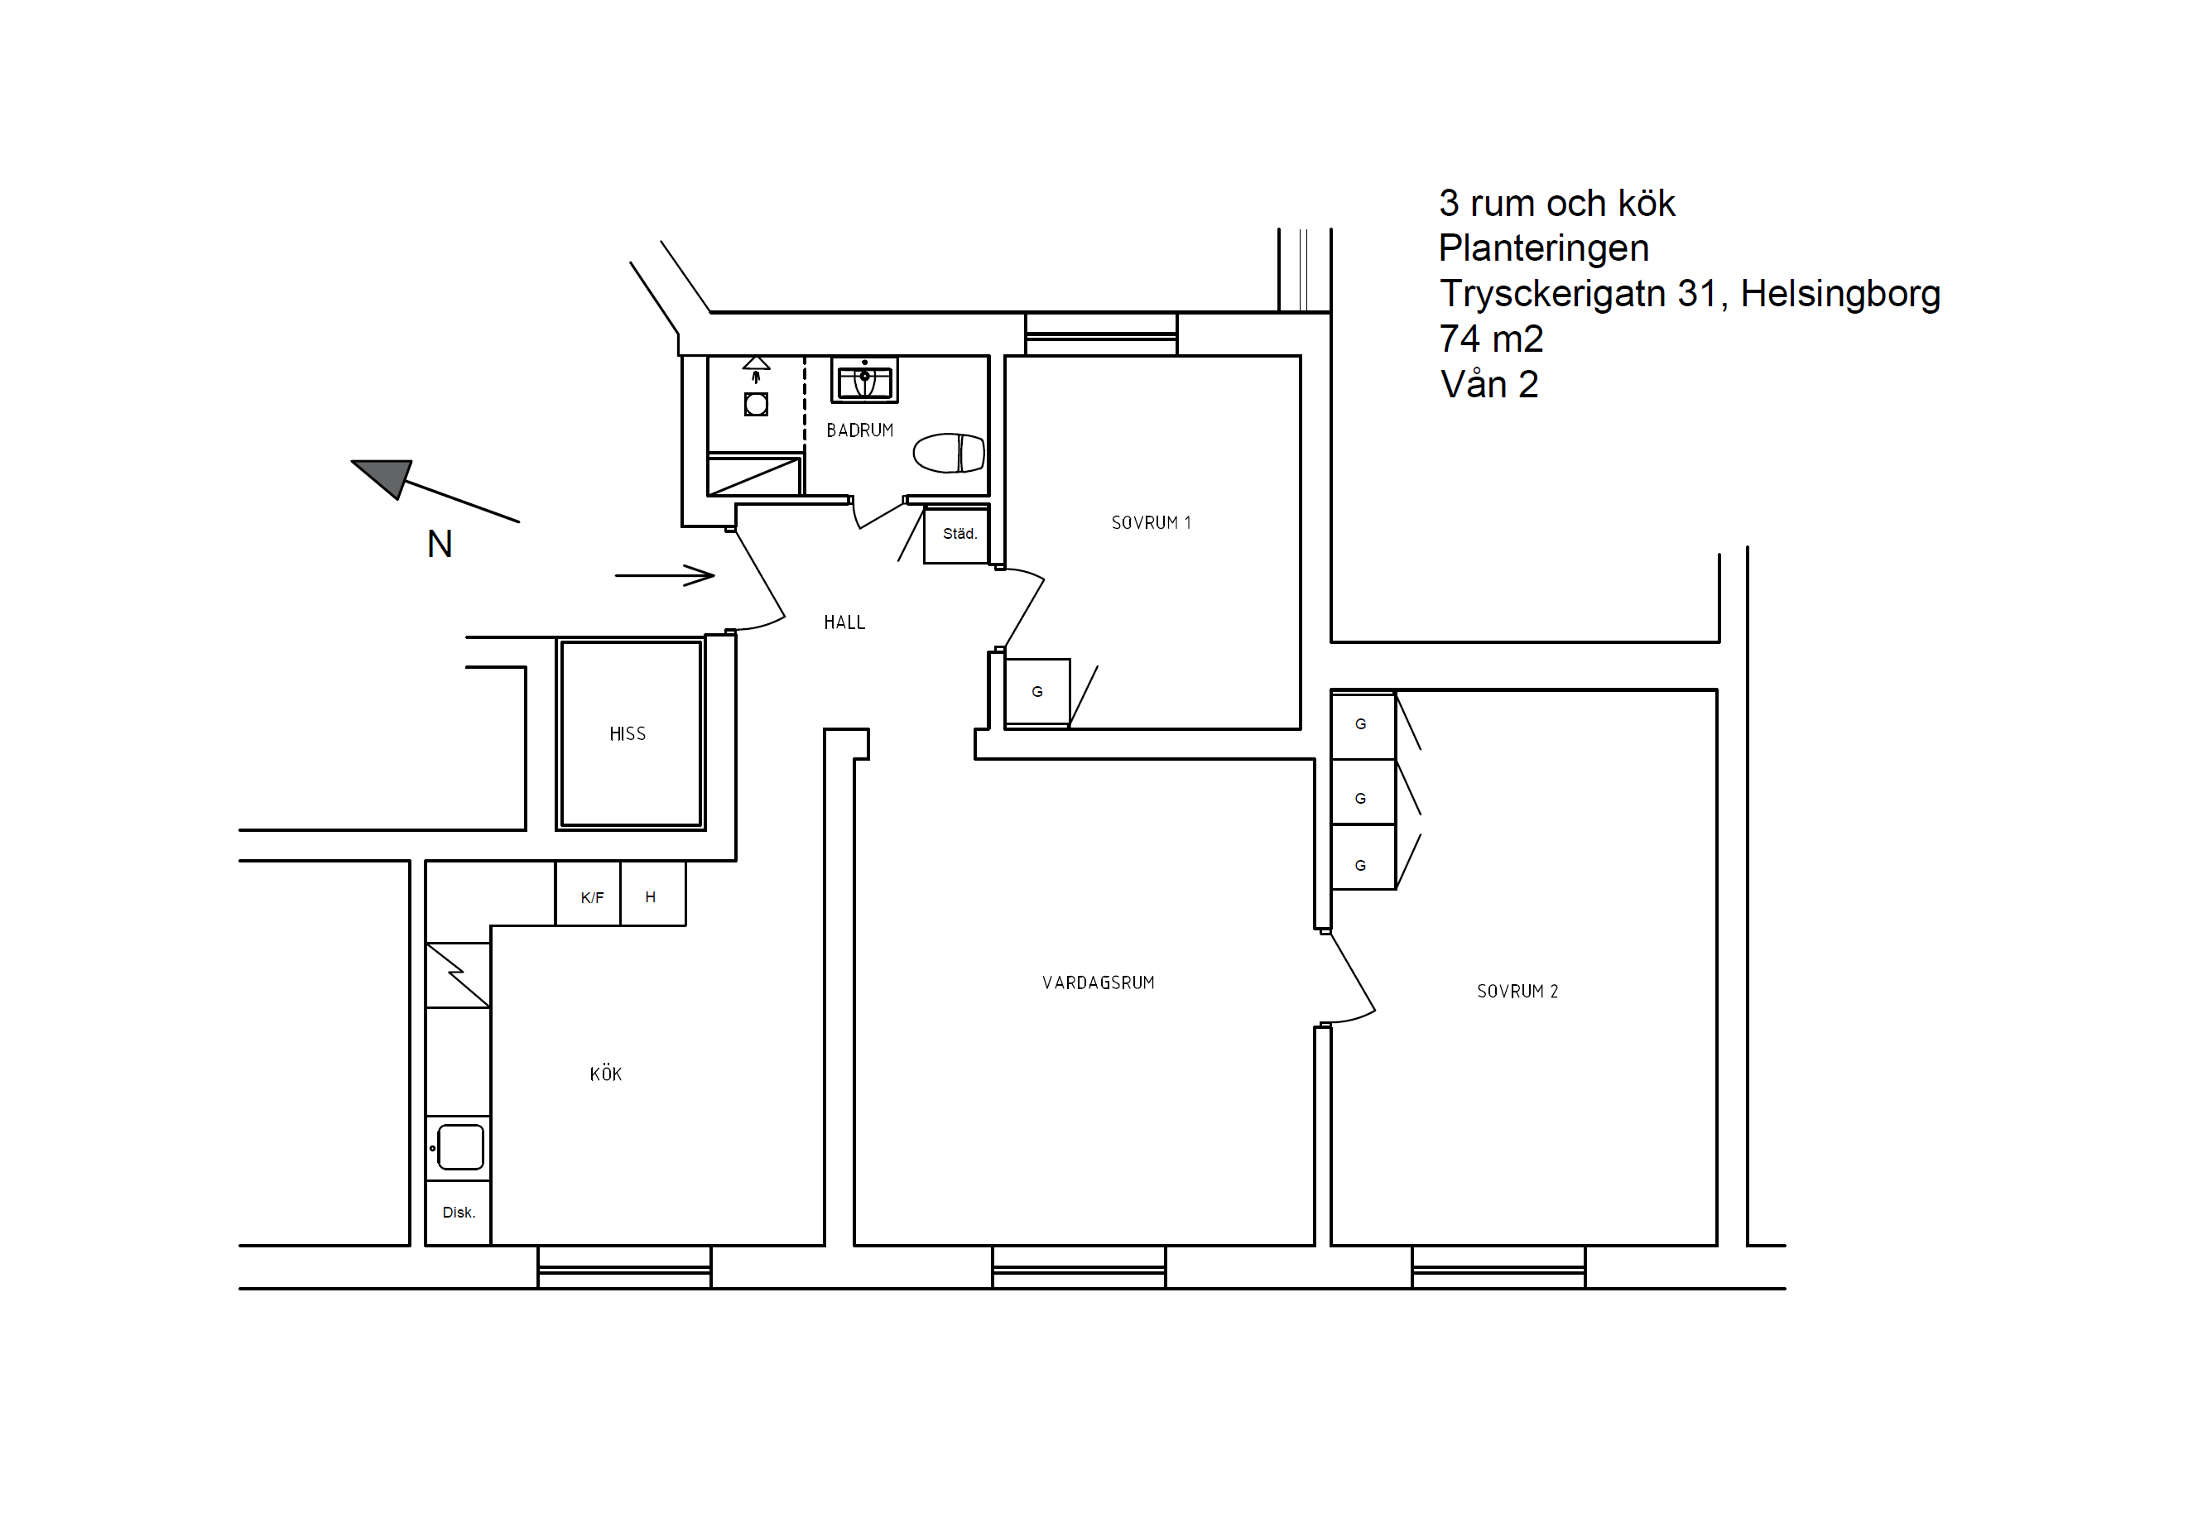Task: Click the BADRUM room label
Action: coord(858,430)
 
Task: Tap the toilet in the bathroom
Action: coord(948,454)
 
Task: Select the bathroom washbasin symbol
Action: coord(863,381)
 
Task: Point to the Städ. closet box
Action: coord(956,536)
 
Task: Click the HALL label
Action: coord(844,622)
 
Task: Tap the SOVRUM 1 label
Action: coord(1151,523)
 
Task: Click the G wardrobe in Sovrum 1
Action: coord(1037,692)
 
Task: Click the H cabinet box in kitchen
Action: coord(652,894)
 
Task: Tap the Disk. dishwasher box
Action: coord(458,1213)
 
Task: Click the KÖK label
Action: coord(605,1074)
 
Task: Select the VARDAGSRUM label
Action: coord(1098,983)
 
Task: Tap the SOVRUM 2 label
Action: coord(1517,992)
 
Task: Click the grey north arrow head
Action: coord(383,477)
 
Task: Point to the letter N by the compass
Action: coord(440,544)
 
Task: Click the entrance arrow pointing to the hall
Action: coord(664,575)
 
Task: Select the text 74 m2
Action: coord(1491,339)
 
